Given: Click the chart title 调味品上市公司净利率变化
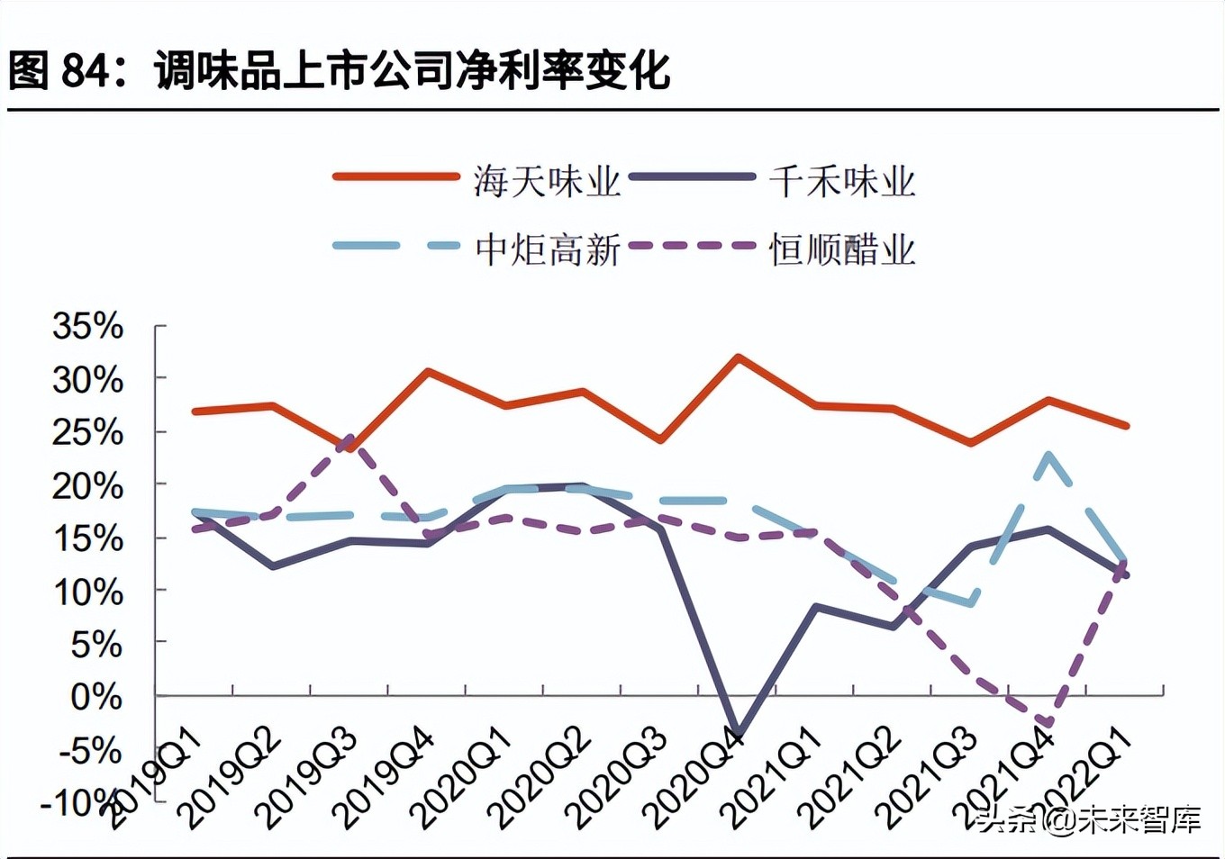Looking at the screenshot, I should coord(413,70).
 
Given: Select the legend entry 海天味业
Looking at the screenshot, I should coord(547,181).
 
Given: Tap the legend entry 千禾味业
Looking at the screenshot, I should coord(841,181).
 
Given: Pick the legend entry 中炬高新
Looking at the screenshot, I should coord(547,249).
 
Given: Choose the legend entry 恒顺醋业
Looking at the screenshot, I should coord(841,249).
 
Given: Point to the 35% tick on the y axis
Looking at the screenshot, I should coord(87,326).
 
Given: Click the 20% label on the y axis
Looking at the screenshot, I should coord(87,486).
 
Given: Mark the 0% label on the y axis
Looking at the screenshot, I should coord(95,696).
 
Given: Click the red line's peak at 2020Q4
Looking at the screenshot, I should coord(739,357).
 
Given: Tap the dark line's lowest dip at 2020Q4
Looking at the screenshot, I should coord(739,735).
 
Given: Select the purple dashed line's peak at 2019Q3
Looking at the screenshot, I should coord(350,438).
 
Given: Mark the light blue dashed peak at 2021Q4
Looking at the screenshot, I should coord(1048,455).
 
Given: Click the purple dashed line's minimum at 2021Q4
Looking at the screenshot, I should coord(1048,723).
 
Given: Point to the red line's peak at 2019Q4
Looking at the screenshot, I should coord(428,370).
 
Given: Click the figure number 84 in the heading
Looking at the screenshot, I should coord(86,70).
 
